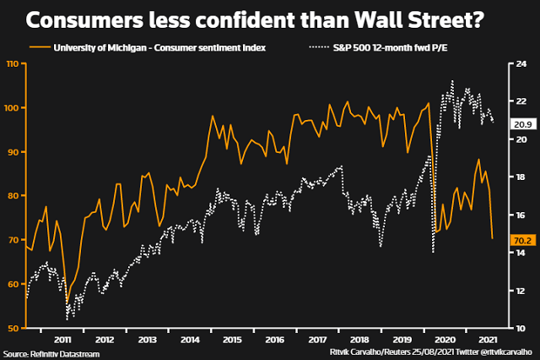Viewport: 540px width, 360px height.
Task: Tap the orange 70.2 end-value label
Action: [x=521, y=240]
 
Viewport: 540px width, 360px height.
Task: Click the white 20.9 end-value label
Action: [x=521, y=123]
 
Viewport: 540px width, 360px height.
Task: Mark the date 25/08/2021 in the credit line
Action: [x=417, y=352]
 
